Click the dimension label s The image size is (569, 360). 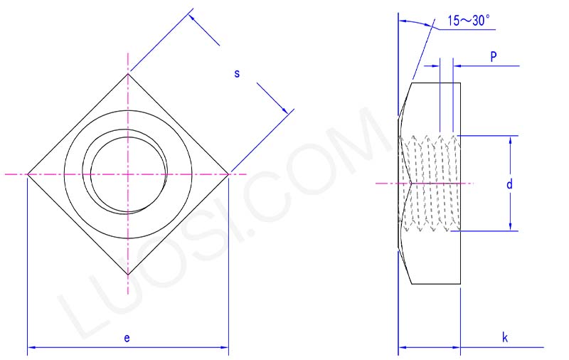237,73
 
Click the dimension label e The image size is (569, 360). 127,338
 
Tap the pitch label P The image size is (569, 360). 493,56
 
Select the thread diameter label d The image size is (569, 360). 509,184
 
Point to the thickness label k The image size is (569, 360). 504,338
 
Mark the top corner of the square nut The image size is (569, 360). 128,73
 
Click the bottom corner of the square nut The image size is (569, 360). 128,275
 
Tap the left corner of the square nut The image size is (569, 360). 27,174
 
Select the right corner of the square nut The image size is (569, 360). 228,174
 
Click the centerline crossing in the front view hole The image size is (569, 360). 128,174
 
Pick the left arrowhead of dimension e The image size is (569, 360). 31,348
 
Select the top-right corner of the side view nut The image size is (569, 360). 460,83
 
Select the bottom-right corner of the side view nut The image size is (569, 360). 460,284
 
